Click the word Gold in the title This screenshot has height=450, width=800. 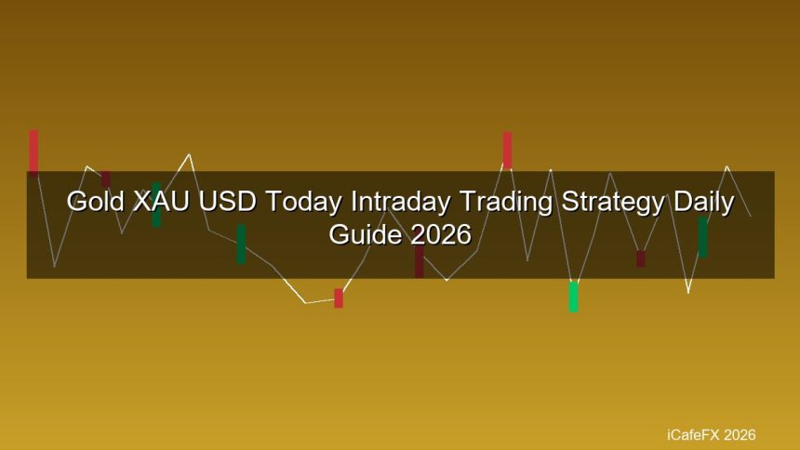click(96, 201)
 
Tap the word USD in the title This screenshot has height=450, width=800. click(227, 201)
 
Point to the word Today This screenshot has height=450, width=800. click(303, 203)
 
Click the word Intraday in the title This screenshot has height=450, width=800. click(401, 203)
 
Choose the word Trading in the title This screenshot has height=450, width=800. click(506, 203)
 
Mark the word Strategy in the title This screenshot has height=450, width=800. click(613, 203)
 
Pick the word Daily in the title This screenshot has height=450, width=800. click(703, 203)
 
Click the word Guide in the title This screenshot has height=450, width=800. click(366, 234)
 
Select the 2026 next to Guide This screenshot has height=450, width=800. click(441, 234)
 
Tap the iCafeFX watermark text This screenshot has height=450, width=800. click(693, 435)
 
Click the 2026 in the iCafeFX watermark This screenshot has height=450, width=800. click(740, 435)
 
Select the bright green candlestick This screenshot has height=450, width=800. click(573, 297)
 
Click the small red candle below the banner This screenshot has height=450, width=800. click(339, 298)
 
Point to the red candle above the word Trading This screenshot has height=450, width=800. click(507, 150)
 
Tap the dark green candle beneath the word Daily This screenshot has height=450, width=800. click(702, 237)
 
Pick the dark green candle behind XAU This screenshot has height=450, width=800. click(156, 205)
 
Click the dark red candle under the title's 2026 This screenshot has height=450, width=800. click(419, 262)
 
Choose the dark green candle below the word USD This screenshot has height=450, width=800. click(241, 244)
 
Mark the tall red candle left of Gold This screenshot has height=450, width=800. click(33, 152)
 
